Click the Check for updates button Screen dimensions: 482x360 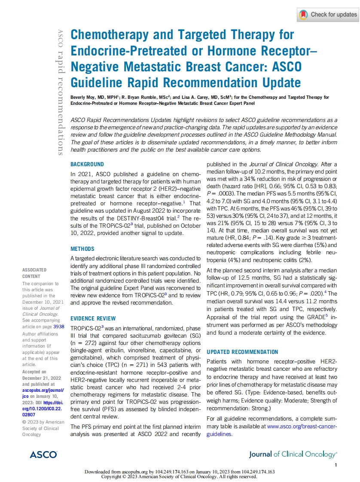(328, 15)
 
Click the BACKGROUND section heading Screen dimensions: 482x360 (87, 164)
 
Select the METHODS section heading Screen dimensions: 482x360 (82, 249)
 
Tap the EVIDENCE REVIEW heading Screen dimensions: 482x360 (93, 318)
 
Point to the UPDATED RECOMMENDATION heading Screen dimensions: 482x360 (242, 352)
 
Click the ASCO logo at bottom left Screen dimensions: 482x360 (43, 454)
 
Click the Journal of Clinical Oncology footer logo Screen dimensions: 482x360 (293, 454)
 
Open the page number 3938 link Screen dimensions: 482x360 (53, 326)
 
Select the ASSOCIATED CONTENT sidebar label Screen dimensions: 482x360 (34, 273)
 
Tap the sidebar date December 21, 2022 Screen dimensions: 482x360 (40, 378)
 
